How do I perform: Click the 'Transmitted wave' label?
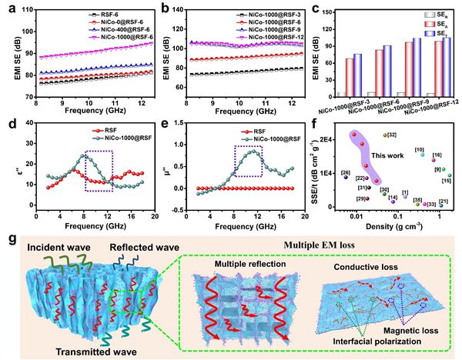[71, 351]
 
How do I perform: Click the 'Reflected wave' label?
[142, 252]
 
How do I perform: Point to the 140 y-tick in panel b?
[173, 10]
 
